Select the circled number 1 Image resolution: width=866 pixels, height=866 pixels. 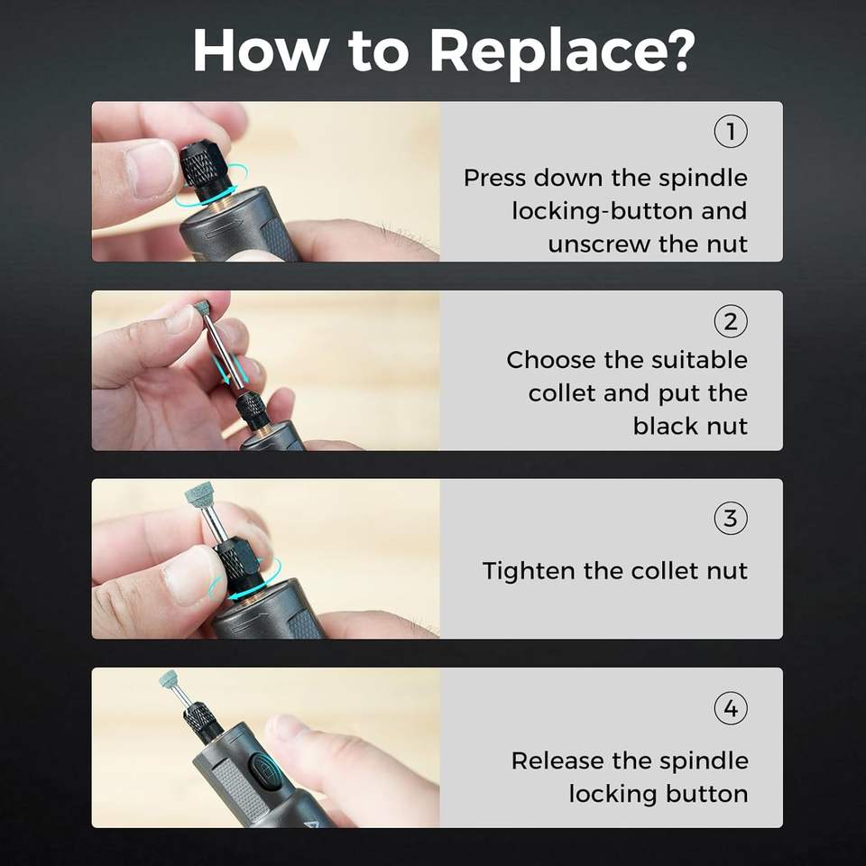[731, 132]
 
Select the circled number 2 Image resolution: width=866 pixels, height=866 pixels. [731, 321]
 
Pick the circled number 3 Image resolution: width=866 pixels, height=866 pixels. [731, 518]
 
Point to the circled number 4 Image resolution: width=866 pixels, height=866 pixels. [731, 707]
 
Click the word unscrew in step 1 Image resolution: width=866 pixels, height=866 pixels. [598, 244]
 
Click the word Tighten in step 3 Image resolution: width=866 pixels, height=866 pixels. [529, 570]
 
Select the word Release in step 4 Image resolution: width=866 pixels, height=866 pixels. [559, 760]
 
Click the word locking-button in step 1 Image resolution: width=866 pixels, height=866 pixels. [602, 212]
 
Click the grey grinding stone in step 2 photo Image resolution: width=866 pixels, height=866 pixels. [202, 307]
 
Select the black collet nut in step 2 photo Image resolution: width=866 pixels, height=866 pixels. [250, 408]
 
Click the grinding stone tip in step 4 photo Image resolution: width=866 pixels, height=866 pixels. [169, 678]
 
